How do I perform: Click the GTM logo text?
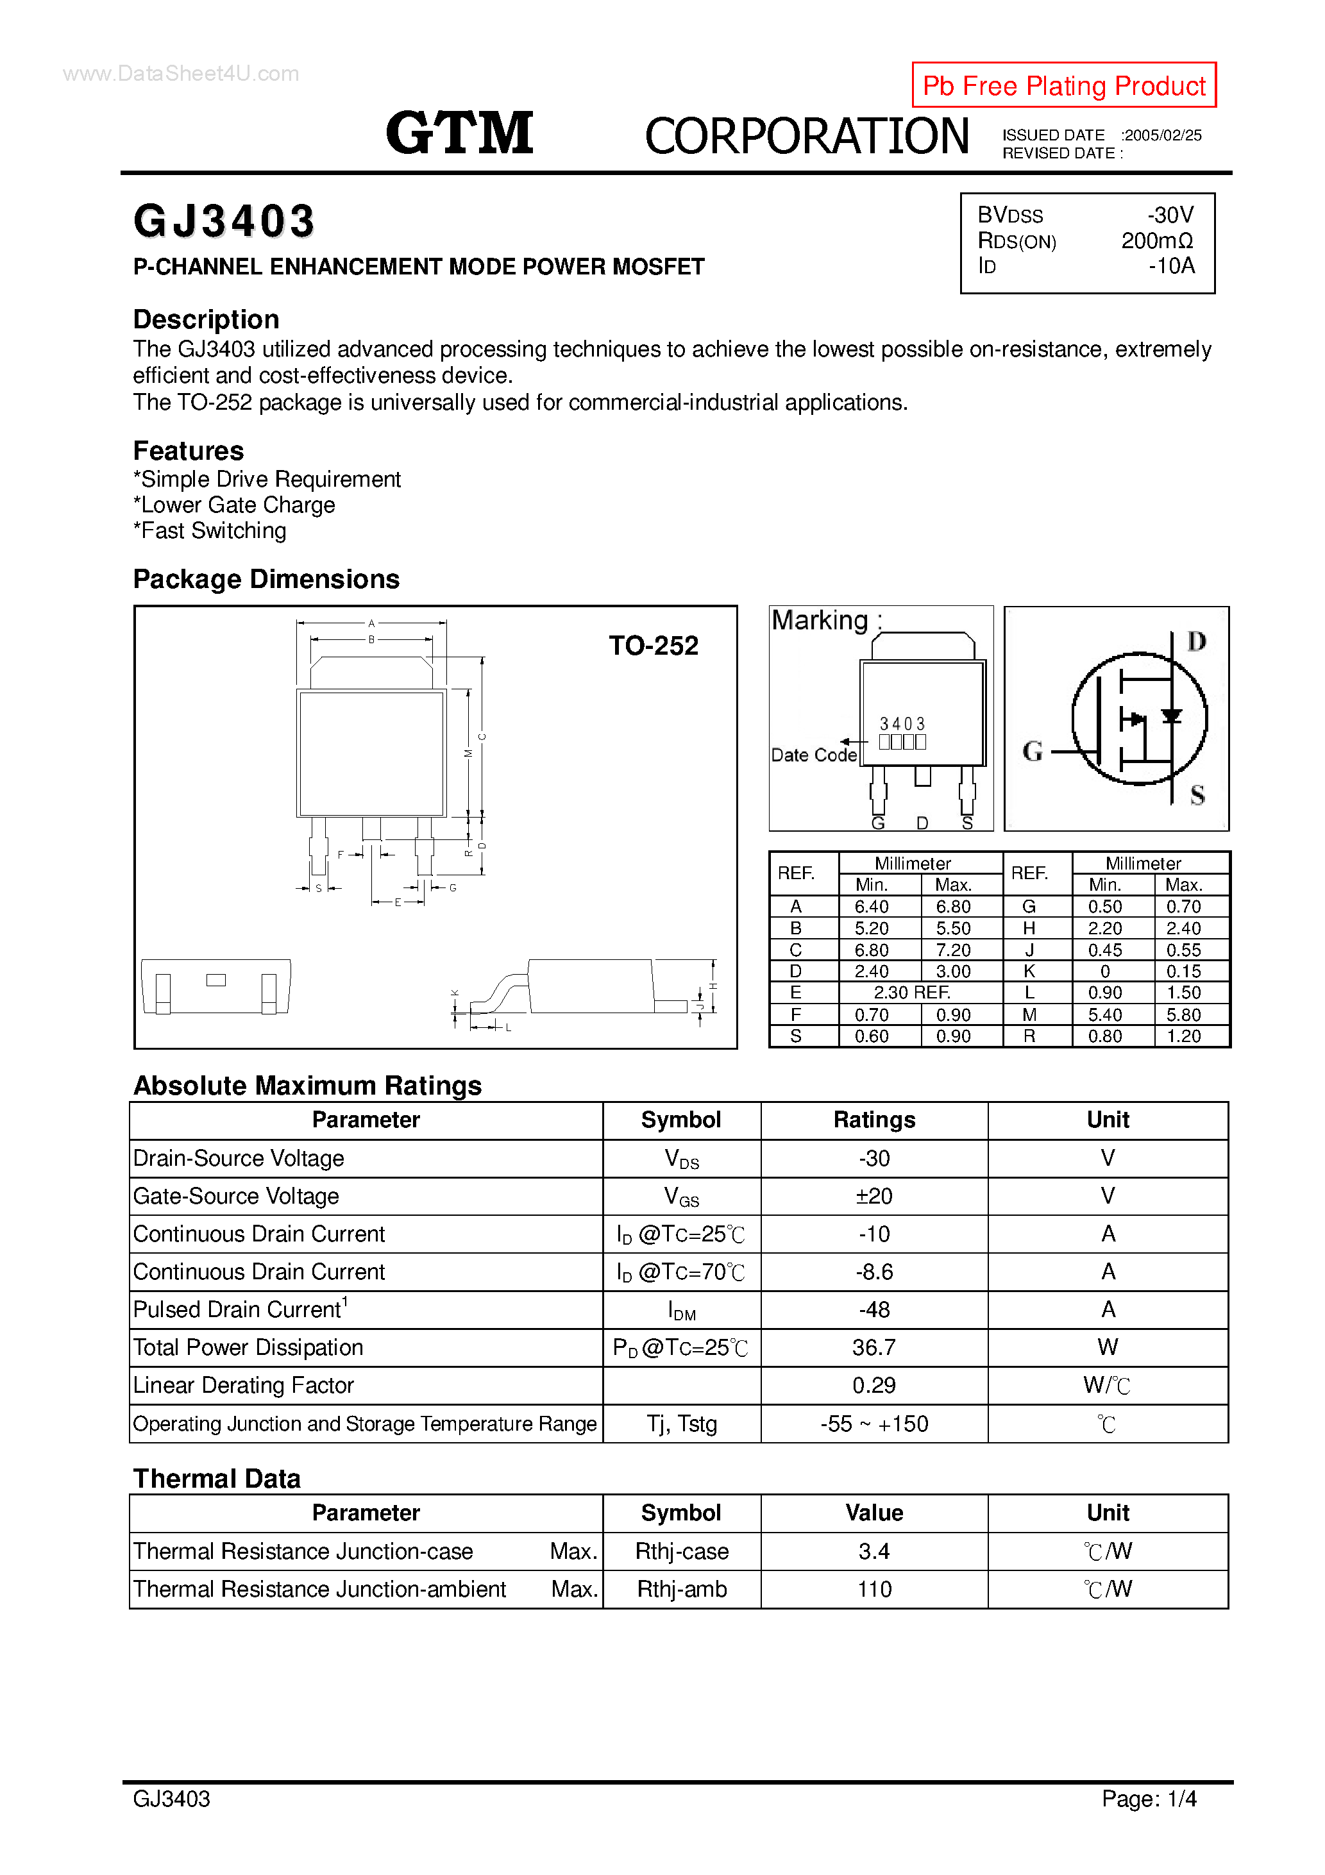[x=459, y=133]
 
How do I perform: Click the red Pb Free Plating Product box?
[x=1063, y=85]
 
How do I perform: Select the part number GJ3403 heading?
[x=224, y=221]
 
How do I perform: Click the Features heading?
[x=189, y=451]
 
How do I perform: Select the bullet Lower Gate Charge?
[x=235, y=505]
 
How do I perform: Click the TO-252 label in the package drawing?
[x=653, y=646]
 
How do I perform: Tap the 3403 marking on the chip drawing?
[x=902, y=723]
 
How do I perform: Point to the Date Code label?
[x=814, y=755]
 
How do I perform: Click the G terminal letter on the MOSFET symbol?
[x=1033, y=752]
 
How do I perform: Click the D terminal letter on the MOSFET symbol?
[x=1196, y=642]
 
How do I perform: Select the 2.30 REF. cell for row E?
[x=911, y=992]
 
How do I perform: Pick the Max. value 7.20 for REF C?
[x=952, y=950]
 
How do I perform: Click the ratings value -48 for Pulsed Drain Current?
[x=873, y=1310]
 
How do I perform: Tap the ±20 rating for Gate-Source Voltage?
[x=873, y=1197]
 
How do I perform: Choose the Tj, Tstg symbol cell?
[x=681, y=1424]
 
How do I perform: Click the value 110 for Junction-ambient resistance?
[x=873, y=1589]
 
